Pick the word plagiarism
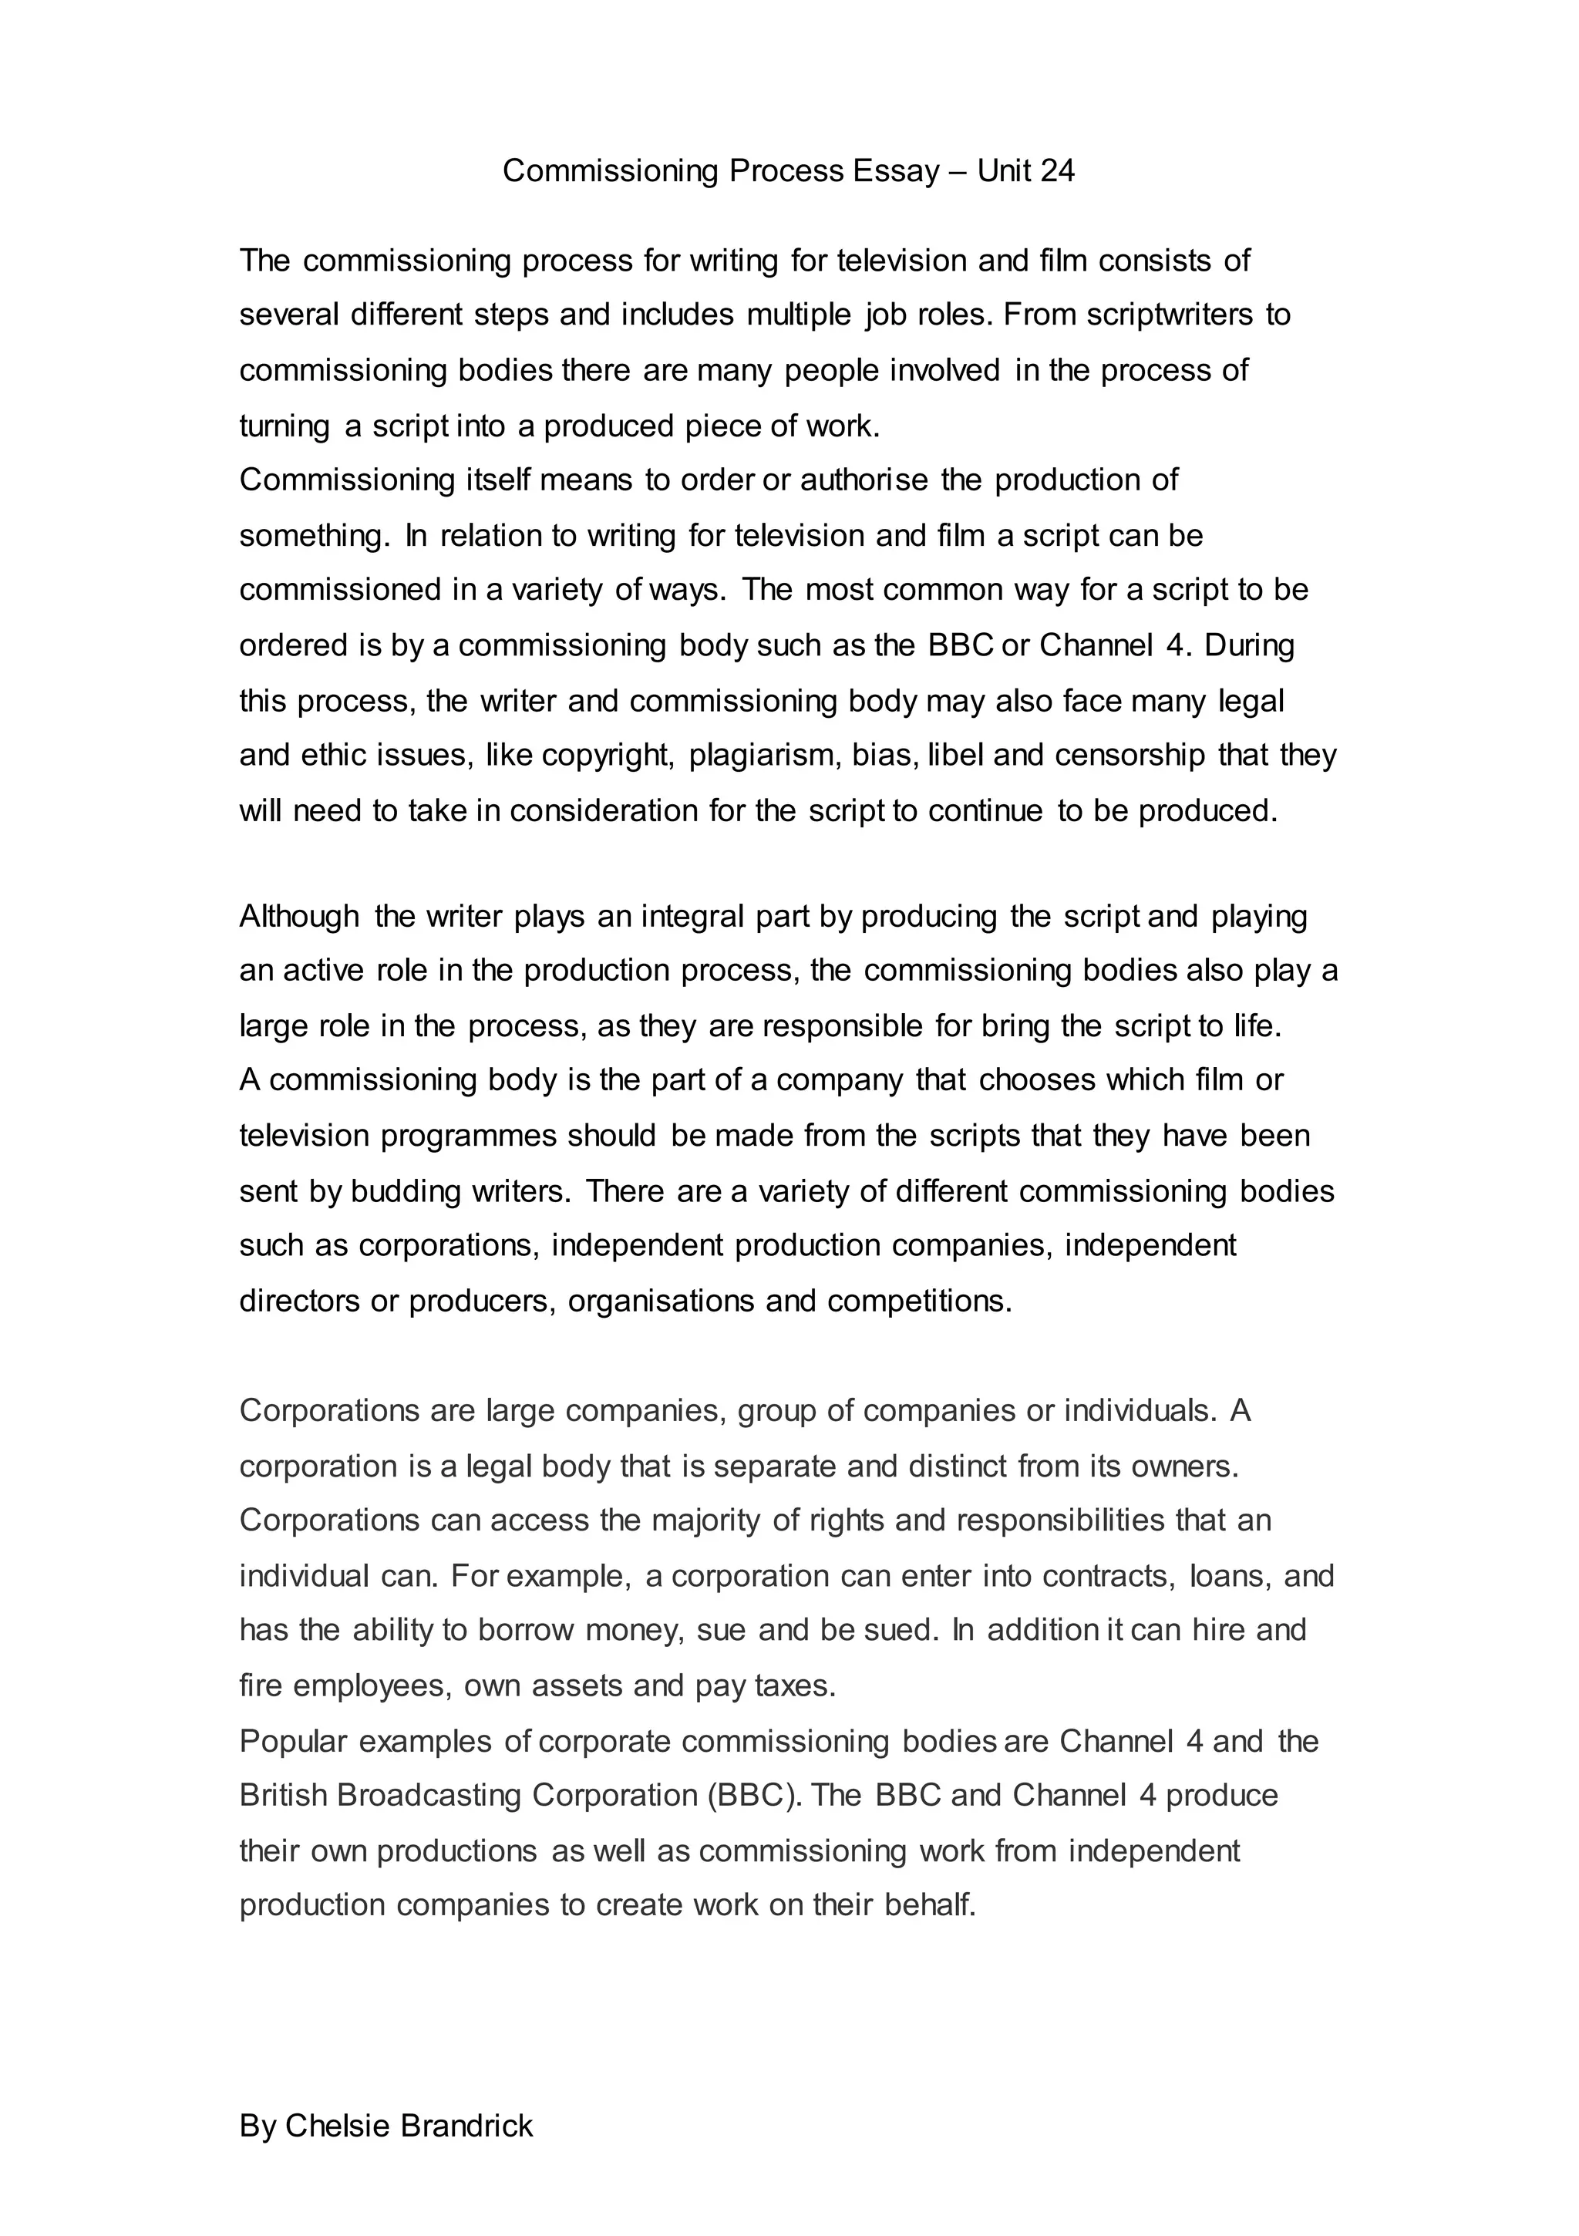click(766, 756)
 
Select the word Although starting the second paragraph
click(299, 917)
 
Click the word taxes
click(795, 1685)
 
